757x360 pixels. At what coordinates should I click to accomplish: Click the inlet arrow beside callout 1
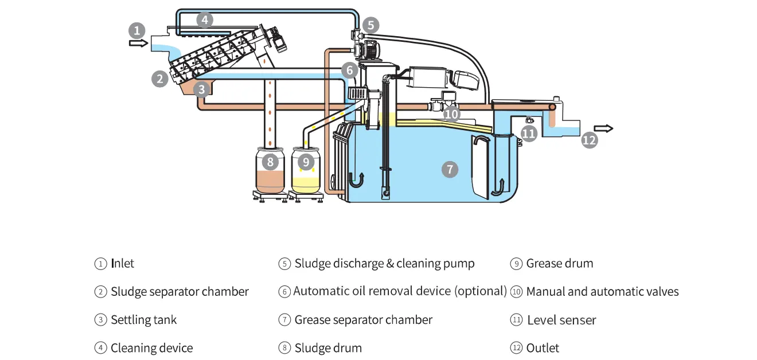[138, 43]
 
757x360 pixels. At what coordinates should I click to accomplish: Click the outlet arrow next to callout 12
[604, 128]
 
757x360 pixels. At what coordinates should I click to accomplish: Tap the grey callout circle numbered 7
[450, 169]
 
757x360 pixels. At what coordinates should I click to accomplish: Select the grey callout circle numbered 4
[204, 20]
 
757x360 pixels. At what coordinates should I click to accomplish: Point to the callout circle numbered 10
[452, 114]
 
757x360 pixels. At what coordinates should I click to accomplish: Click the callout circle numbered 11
[528, 134]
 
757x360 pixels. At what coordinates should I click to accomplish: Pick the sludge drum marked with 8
[270, 172]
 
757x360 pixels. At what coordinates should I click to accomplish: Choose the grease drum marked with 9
[306, 172]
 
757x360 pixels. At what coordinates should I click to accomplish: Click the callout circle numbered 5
[370, 25]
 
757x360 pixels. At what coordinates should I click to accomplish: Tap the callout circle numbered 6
[349, 70]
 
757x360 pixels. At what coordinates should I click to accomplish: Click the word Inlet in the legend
[122, 264]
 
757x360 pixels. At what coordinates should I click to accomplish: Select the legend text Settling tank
[144, 320]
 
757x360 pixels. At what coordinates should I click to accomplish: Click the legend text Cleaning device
[151, 348]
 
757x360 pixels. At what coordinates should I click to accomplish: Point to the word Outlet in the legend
[543, 348]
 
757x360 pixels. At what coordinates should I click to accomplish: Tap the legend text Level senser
[561, 320]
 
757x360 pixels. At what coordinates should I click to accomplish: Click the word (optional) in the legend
[481, 291]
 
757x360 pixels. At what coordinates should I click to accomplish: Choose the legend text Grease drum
[560, 264]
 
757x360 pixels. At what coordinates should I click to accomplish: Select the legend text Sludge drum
[328, 348]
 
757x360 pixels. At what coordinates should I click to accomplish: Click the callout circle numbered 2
[160, 79]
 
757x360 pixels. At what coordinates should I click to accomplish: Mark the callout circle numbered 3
[200, 89]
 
